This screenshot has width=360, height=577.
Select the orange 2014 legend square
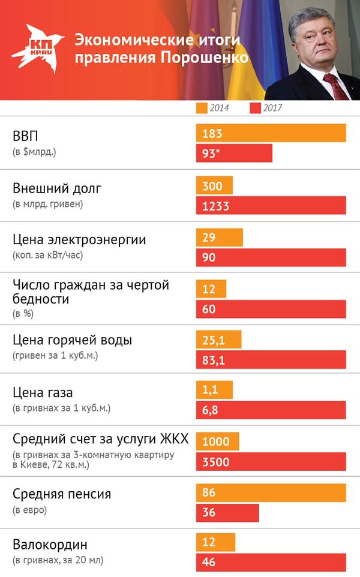tap(202, 108)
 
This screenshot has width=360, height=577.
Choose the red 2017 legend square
tap(254, 108)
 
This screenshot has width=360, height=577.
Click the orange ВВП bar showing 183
tap(271, 133)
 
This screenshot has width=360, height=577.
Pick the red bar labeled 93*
tap(234, 154)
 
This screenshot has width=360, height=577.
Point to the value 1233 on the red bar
tap(217, 205)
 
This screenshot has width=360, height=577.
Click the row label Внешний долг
tap(57, 188)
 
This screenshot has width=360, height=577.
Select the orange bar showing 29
tap(219, 238)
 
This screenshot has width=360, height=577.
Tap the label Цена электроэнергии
tap(79, 240)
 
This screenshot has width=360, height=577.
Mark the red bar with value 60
tap(271, 309)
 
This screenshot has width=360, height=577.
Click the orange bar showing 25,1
tap(218, 340)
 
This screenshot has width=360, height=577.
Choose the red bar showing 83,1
tap(271, 360)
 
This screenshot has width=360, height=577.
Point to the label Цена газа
tap(43, 393)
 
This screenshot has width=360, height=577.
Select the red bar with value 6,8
tap(271, 410)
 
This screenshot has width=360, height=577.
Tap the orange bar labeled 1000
tap(217, 441)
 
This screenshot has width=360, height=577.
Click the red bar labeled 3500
tap(271, 462)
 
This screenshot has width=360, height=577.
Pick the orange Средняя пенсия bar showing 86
tap(271, 493)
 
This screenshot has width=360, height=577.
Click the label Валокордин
tap(50, 545)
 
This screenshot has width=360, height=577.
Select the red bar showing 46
tap(271, 562)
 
